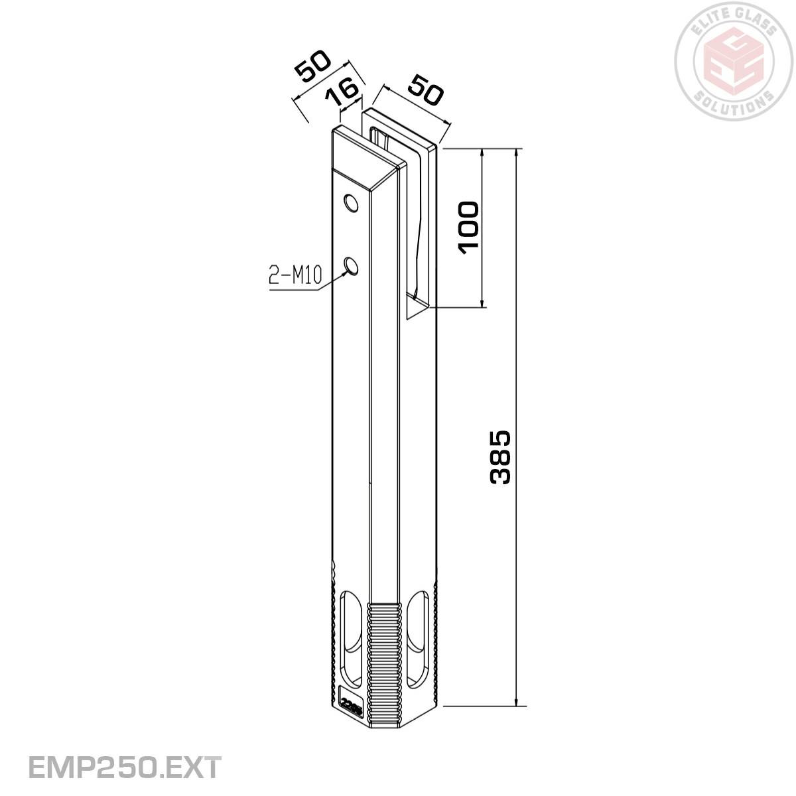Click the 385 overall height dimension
(501, 457)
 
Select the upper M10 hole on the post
(350, 202)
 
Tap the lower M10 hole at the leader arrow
(350, 266)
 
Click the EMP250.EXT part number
(125, 767)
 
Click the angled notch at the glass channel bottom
(416, 309)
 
